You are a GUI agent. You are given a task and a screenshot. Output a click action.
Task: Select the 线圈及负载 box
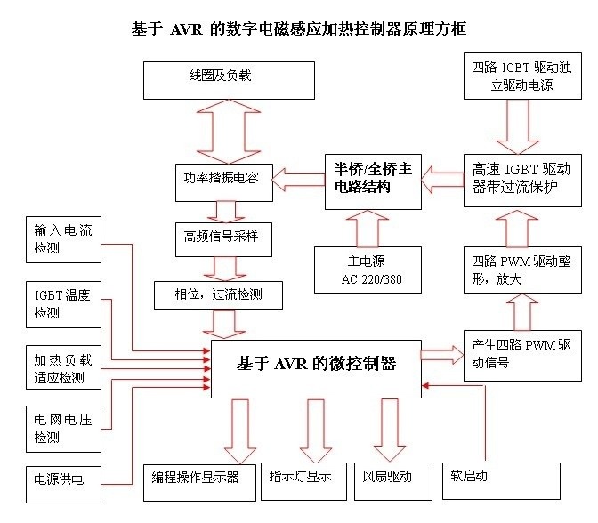[229, 80]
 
